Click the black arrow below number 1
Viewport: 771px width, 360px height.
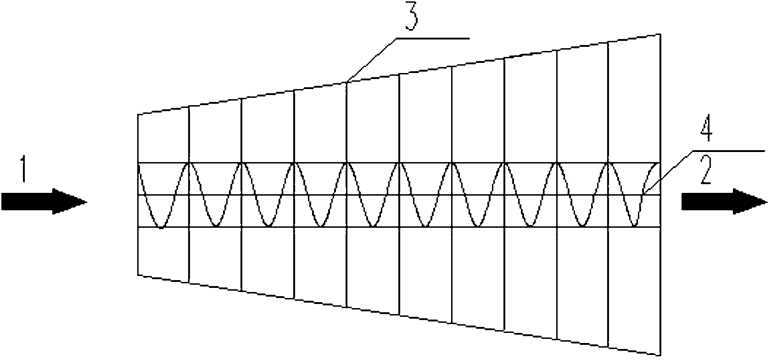pos(44,201)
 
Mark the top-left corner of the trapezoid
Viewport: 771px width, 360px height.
pos(138,114)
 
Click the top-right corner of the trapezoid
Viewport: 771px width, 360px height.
pos(660,34)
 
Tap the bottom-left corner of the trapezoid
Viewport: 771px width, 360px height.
pos(138,276)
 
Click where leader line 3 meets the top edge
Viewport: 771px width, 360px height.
pos(347,82)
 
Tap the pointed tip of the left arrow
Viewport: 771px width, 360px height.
pos(86,201)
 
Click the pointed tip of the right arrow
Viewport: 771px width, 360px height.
pos(766,201)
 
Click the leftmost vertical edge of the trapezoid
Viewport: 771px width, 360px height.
pos(138,195)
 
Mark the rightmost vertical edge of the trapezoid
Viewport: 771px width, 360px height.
pos(660,195)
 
